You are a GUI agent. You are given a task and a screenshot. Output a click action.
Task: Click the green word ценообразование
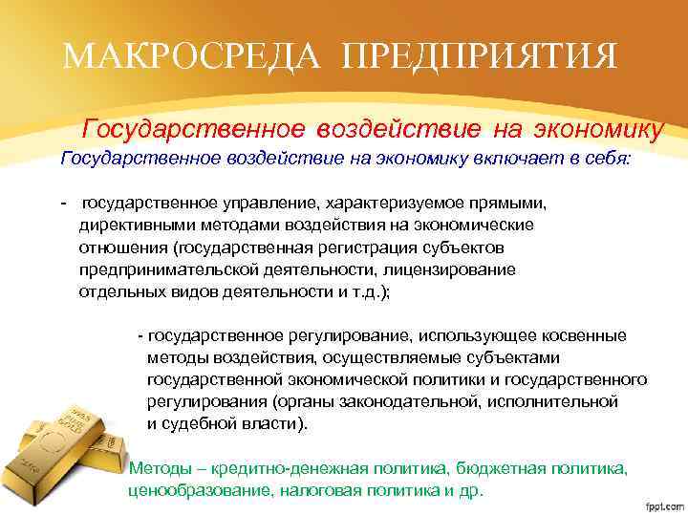pyautogui.click(x=189, y=490)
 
